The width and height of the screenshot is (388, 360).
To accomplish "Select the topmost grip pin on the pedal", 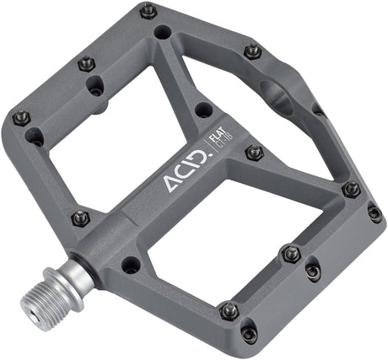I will tap(148, 11).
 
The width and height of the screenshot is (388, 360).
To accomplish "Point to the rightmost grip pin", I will tap(375, 213).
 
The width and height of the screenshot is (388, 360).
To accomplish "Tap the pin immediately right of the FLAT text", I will tap(254, 153).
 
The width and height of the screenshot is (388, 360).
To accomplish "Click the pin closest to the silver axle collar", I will tap(82, 217).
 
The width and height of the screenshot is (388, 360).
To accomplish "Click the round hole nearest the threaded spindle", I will tap(131, 265).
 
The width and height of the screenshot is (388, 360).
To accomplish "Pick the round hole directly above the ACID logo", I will tap(202, 110).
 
